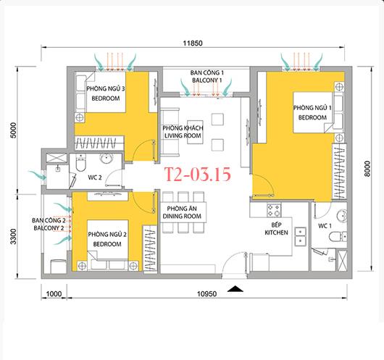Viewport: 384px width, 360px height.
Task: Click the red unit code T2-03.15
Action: tap(197, 175)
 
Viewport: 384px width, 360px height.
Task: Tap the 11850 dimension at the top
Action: tap(193, 43)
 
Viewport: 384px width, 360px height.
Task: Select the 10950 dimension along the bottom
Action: tap(207, 293)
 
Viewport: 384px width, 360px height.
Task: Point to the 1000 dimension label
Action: tap(54, 293)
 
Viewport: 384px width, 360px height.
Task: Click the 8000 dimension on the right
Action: tap(367, 169)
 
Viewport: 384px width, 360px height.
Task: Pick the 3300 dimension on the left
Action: tap(13, 236)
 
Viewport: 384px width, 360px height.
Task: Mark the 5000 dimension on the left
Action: tap(13, 130)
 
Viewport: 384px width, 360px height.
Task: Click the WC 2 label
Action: tap(94, 177)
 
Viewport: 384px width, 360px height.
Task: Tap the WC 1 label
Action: tap(325, 226)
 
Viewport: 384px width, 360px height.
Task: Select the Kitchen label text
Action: tap(276, 233)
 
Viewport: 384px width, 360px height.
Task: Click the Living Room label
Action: tap(183, 135)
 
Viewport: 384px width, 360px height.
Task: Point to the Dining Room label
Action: tap(182, 217)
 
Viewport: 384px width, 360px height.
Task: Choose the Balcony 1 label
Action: tap(207, 80)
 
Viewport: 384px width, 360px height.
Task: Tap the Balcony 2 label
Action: tap(49, 228)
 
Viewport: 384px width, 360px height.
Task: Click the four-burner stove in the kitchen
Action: tap(274, 210)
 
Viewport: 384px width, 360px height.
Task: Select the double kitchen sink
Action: tap(300, 237)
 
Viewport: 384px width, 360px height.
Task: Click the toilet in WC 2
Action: tap(80, 163)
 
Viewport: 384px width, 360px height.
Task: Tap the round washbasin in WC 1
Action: tap(342, 216)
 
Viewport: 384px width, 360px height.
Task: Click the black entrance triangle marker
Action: tap(235, 289)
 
